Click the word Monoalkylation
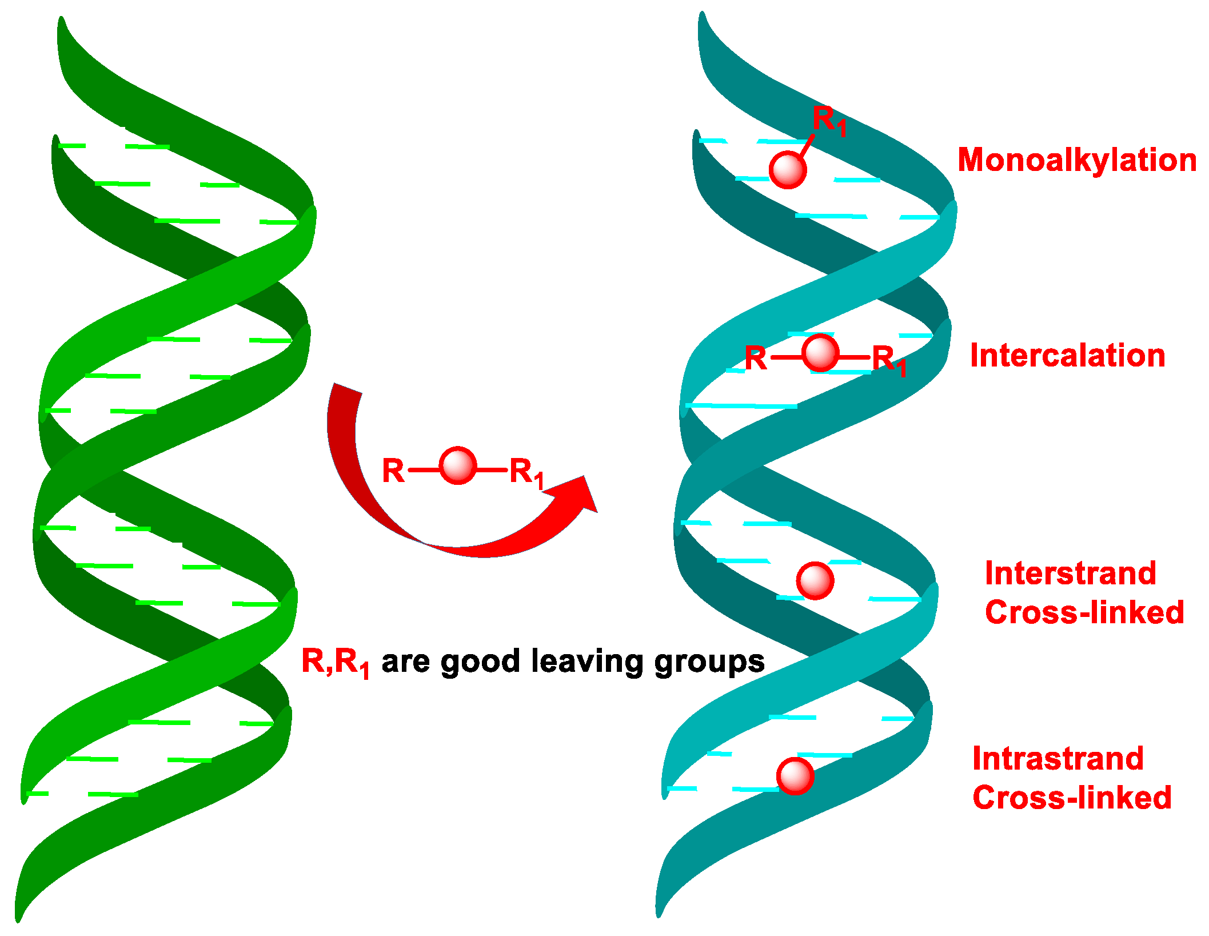[x=1077, y=160]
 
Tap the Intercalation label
[x=1068, y=356]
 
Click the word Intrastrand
[x=1058, y=759]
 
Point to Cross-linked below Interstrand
[x=1084, y=612]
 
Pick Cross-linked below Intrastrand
[x=1072, y=798]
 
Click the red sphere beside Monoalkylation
[x=788, y=170]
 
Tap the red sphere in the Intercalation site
[x=820, y=353]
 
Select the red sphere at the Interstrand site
[x=815, y=580]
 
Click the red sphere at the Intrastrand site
[x=795, y=776]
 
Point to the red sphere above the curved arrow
[x=458, y=465]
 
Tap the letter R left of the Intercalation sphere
[x=756, y=359]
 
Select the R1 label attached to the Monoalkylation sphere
[x=828, y=120]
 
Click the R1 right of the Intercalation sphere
[x=888, y=361]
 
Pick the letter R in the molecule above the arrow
[x=393, y=471]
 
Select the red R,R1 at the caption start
[x=335, y=662]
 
